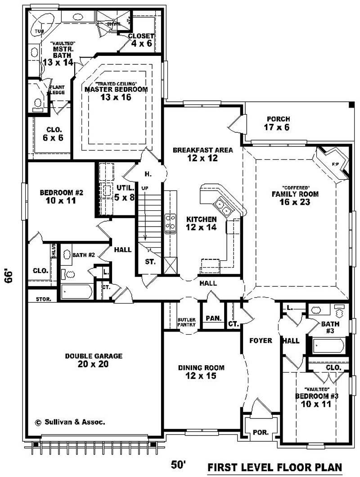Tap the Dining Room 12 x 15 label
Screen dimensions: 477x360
click(x=201, y=372)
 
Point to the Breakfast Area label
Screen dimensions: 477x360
click(x=203, y=154)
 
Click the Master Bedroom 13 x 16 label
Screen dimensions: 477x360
click(x=116, y=93)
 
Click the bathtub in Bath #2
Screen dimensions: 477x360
click(x=76, y=292)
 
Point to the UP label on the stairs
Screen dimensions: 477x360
click(x=144, y=187)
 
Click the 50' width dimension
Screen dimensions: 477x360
click(x=179, y=464)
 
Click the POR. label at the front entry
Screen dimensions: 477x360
click(x=260, y=432)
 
